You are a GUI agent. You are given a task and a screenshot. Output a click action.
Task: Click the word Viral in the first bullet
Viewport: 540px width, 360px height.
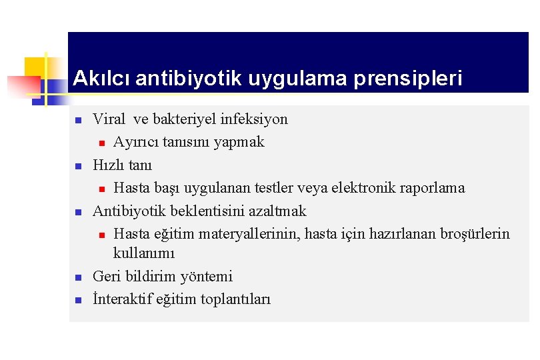(x=109, y=119)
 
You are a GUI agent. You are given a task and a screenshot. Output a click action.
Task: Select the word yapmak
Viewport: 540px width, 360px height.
(x=241, y=142)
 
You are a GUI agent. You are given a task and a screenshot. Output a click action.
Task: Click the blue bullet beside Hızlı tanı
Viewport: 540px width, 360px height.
(x=78, y=166)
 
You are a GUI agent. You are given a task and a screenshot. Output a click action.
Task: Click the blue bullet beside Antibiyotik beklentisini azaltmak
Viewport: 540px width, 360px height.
(x=78, y=212)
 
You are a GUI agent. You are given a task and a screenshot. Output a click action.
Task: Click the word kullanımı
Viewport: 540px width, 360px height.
(x=144, y=253)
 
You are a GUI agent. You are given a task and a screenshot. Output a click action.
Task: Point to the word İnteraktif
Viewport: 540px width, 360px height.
(x=123, y=299)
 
